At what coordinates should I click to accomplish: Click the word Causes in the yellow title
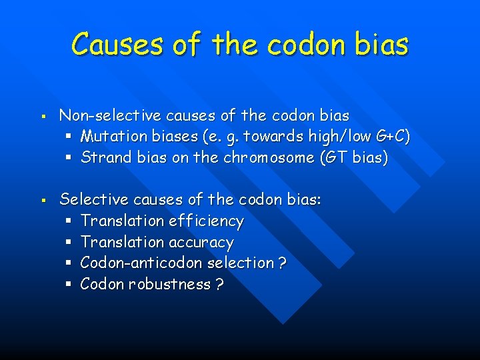click(117, 45)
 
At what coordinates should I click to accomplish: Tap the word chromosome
click(271, 158)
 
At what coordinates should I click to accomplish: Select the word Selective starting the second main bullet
click(89, 199)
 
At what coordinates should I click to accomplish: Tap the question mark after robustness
click(219, 285)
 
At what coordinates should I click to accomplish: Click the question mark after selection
click(283, 263)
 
